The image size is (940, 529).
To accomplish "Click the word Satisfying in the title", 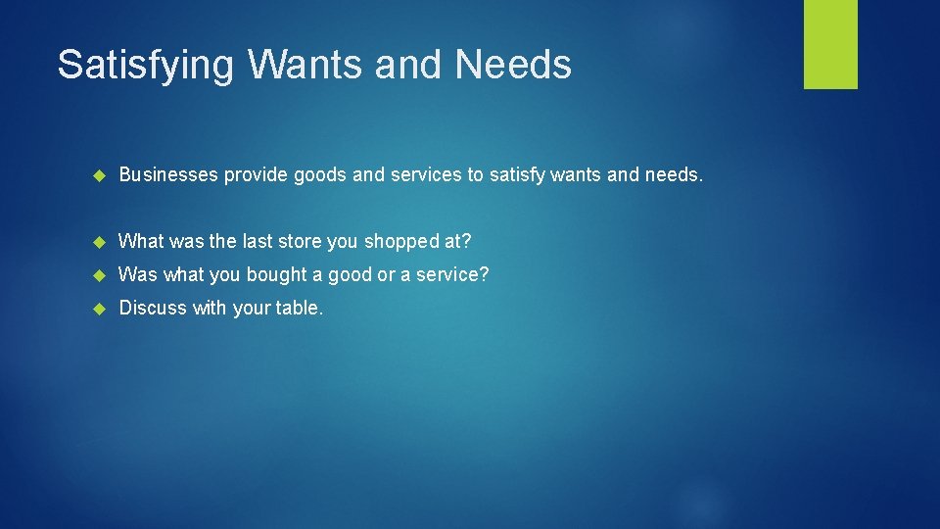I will coord(145,65).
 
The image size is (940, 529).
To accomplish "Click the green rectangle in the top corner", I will coord(830,44).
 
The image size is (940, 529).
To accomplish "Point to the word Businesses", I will coord(167,175).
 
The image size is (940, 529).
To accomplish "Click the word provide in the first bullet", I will coord(257,175).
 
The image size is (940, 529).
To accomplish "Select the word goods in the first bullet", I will coord(319,175).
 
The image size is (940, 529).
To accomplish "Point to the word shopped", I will coord(400,242).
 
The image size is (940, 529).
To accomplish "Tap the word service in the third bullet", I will coord(452,274).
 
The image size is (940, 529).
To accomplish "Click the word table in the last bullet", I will coord(298,308).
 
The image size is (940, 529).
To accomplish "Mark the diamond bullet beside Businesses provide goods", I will coord(98,176).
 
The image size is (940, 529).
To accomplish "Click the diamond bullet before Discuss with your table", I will coord(98,309).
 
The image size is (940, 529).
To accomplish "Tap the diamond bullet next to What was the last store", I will coord(98,242).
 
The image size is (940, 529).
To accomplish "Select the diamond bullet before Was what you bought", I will coord(98,275).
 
